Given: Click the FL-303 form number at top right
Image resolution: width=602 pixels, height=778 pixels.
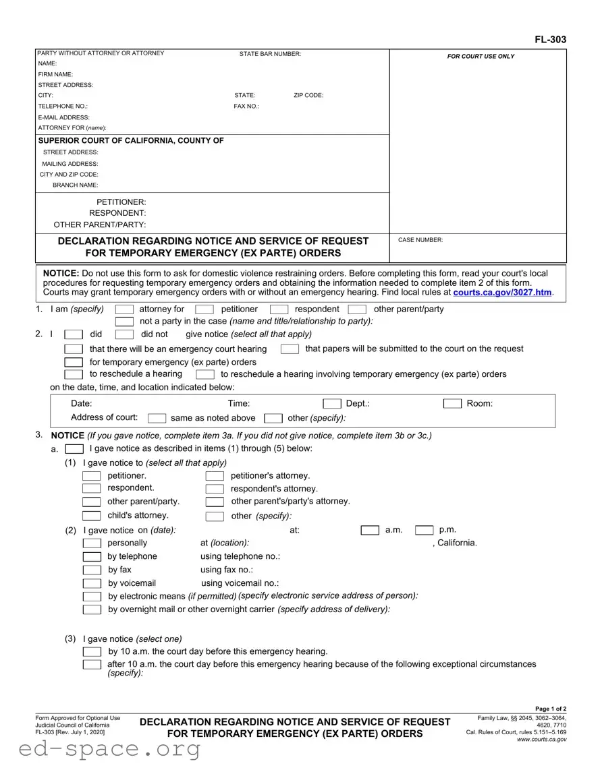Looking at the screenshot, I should point(551,40).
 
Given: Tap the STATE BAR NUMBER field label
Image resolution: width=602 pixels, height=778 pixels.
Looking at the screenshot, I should point(270,54).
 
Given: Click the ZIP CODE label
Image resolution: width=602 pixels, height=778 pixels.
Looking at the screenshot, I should point(308,96).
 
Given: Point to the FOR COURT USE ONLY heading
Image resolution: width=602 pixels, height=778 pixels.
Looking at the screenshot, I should point(481,57).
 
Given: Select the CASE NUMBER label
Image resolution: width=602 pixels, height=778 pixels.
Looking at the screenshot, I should point(420,240).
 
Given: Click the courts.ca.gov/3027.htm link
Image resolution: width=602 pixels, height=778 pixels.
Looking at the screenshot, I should point(503,293).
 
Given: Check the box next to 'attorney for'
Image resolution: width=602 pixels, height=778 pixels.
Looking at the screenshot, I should point(124,309).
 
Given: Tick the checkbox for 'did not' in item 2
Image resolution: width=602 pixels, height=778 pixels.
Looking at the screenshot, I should point(124,334).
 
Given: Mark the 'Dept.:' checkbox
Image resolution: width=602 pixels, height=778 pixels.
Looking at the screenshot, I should point(332,404).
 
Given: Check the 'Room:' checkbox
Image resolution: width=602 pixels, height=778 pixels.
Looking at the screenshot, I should point(452,404).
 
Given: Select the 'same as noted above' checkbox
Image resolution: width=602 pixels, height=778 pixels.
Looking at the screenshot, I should point(157,418).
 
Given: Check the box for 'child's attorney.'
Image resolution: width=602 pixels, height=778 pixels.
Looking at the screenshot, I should point(92,516).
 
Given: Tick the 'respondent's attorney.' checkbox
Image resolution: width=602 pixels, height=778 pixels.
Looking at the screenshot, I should point(215,489).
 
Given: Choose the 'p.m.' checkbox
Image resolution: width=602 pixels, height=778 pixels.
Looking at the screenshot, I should point(424,531).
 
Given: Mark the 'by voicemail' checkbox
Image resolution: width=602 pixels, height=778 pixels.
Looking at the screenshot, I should point(92,583).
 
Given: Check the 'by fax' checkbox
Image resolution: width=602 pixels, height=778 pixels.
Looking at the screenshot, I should point(92,570).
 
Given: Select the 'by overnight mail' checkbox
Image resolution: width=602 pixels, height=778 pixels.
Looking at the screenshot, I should point(92,609).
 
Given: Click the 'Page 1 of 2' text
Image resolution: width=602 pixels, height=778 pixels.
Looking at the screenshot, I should point(550,709).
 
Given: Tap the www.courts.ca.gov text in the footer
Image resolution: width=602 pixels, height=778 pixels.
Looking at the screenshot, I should point(541,740).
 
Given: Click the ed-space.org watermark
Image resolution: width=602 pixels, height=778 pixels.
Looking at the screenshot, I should point(101,748).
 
